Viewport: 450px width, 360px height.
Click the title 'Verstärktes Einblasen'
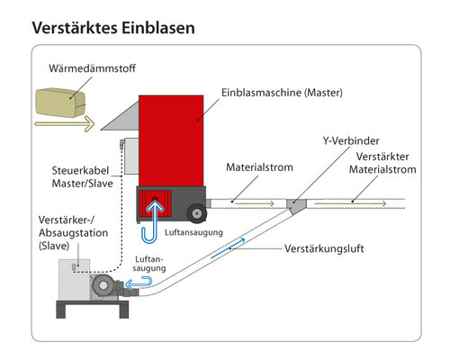click(x=113, y=28)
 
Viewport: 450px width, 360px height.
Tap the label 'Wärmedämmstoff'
click(x=92, y=68)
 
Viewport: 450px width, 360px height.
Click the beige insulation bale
click(x=60, y=103)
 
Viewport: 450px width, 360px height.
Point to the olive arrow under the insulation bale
click(x=65, y=123)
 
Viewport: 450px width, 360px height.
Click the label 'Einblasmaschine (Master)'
click(x=282, y=93)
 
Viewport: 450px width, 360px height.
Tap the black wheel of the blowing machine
click(x=197, y=213)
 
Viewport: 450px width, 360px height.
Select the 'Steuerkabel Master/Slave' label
click(x=82, y=177)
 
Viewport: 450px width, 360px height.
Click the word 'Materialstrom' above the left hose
click(x=259, y=167)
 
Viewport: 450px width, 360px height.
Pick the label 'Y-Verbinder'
click(x=351, y=140)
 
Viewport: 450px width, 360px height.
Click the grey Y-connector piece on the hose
click(x=296, y=206)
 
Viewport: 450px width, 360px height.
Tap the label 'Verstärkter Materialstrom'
click(x=382, y=163)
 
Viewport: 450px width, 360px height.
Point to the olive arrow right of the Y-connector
click(x=350, y=203)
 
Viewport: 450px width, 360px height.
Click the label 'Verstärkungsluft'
click(x=324, y=248)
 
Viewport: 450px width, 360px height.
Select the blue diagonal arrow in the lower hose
click(x=228, y=247)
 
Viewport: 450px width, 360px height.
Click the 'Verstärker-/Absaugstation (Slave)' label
click(x=73, y=233)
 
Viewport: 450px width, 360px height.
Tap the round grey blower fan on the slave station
click(x=103, y=285)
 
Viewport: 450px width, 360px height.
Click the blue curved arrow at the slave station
click(x=139, y=283)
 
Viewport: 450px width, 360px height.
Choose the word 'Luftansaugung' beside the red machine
click(x=193, y=232)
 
